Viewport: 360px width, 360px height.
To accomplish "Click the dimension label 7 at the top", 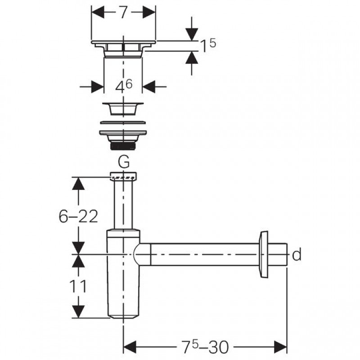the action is click(x=123, y=12).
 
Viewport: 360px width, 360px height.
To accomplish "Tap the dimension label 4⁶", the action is click(x=124, y=86).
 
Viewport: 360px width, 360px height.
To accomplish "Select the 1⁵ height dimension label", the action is click(x=208, y=45).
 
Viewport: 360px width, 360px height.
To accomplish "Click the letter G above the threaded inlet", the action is click(x=123, y=162).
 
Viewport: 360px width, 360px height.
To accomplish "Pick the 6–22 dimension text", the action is click(x=78, y=216).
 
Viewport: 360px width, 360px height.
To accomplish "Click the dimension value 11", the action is click(x=78, y=286).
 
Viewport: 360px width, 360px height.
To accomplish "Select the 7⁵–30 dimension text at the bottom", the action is click(x=205, y=346).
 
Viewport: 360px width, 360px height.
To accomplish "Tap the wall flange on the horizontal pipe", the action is click(x=263, y=254).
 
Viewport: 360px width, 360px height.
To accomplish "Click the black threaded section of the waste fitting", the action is click(x=123, y=146).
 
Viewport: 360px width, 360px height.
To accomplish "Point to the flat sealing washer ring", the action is click(x=123, y=122).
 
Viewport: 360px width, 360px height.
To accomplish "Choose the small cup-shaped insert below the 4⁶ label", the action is click(x=123, y=108).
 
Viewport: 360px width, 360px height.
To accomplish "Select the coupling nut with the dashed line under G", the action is click(x=123, y=176).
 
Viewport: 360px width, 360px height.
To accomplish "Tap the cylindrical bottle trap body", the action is click(x=123, y=274).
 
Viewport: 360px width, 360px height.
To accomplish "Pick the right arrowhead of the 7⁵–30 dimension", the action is click(x=280, y=346).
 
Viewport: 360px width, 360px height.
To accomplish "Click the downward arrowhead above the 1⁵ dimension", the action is click(x=192, y=35).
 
